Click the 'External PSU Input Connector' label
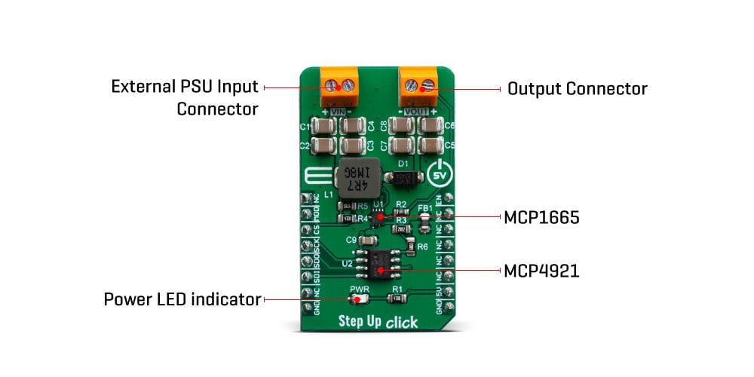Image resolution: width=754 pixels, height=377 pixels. [185, 97]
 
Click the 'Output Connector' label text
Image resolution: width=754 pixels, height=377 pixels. [577, 89]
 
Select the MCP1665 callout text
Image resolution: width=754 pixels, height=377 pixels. [541, 219]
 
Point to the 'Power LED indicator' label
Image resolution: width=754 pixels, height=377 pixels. [182, 300]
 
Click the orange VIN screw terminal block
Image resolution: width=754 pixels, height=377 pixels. [338, 87]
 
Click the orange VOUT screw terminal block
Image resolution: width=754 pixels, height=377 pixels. [418, 87]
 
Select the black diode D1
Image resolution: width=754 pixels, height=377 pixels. [403, 178]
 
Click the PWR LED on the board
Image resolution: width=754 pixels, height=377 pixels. [360, 299]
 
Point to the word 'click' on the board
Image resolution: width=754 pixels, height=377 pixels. [403, 323]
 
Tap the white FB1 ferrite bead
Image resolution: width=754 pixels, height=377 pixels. [425, 220]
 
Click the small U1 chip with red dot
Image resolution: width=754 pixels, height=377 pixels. [379, 216]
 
